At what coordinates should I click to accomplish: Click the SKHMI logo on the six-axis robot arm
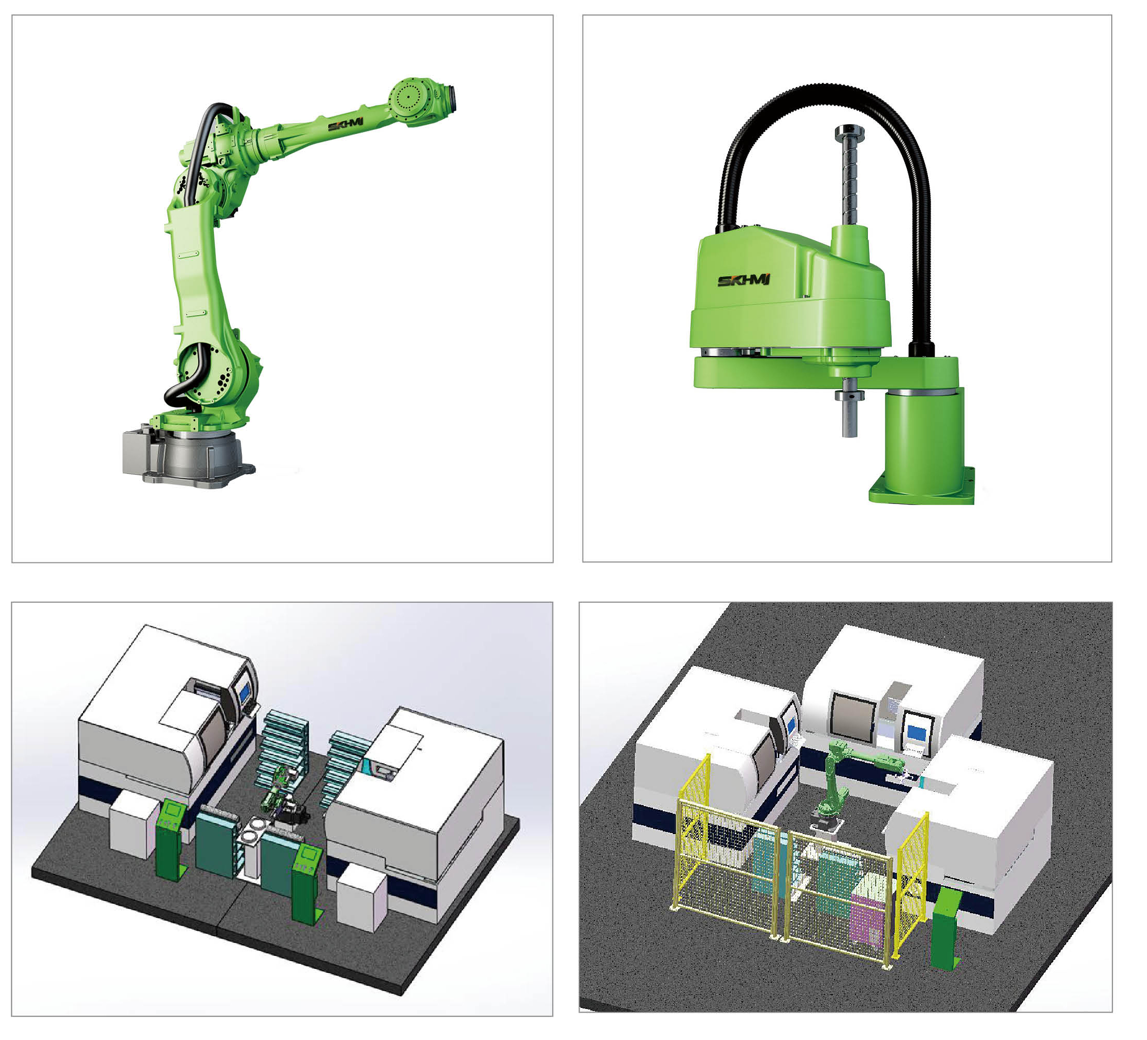point(345,124)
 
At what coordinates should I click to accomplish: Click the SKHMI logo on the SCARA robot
point(743,280)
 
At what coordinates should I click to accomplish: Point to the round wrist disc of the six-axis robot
point(409,96)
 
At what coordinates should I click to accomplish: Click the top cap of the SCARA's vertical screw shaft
point(849,132)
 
